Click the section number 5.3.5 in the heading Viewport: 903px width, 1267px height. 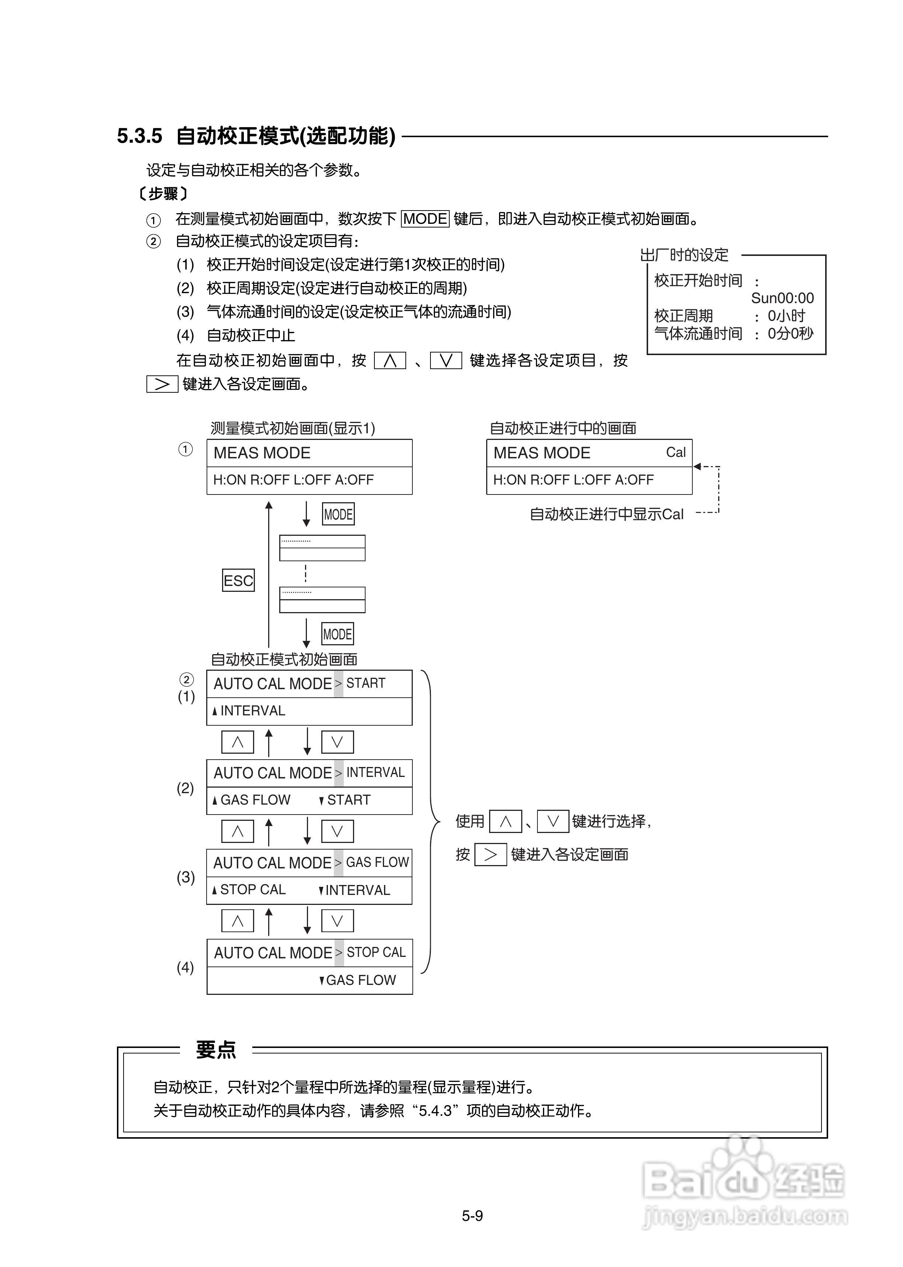(139, 136)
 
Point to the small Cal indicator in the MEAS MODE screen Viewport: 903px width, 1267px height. (675, 452)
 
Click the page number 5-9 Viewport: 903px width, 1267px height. (472, 1216)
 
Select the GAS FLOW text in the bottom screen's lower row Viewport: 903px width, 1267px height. (360, 980)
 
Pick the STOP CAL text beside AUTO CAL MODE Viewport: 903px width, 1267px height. (376, 952)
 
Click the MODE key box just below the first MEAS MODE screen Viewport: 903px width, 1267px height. (338, 514)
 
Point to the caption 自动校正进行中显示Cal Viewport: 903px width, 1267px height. (606, 514)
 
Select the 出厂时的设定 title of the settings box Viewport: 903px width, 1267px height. (684, 255)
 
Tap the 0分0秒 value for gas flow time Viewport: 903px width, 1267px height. (790, 333)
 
